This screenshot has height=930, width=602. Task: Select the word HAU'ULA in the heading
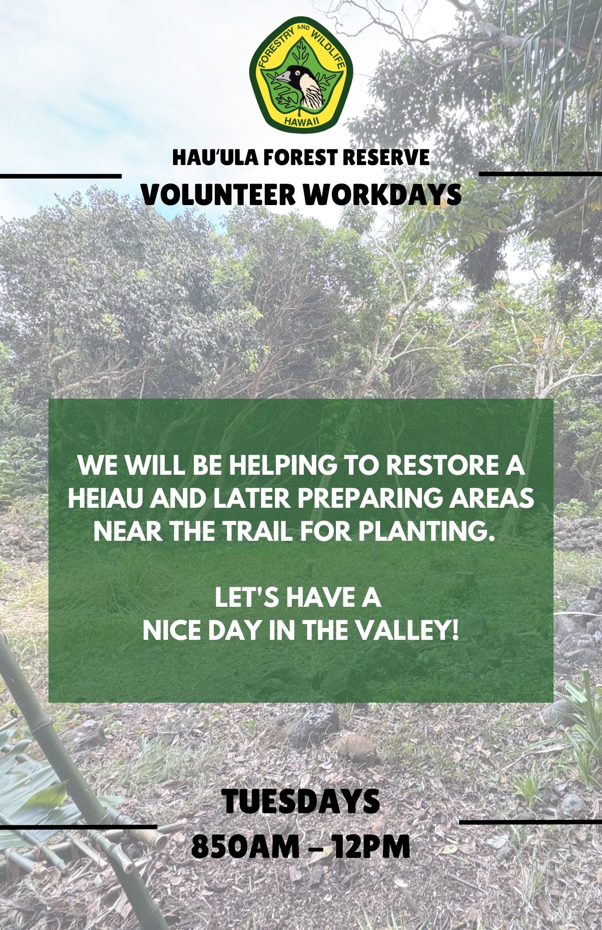215,158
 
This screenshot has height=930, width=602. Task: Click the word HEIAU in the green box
104,498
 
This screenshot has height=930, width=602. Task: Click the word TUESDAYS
301,801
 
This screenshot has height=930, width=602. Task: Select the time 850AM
245,847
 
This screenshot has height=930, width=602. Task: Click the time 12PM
371,847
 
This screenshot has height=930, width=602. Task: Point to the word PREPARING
370,498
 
